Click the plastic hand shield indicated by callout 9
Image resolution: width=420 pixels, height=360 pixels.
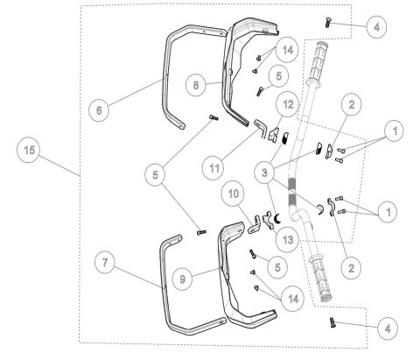[x=229, y=280]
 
